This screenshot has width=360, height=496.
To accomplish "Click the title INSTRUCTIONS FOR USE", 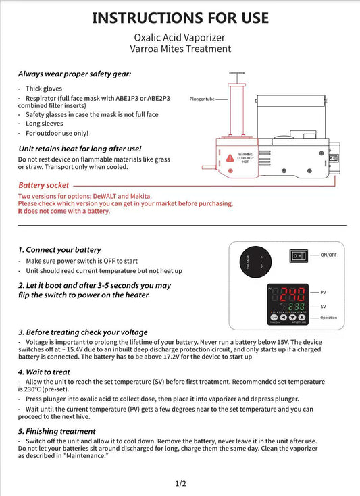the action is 180,18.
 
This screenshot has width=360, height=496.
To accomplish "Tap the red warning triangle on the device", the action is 230,157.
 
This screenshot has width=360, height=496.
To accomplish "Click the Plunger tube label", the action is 202,99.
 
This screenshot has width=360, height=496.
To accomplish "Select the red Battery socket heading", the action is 44,185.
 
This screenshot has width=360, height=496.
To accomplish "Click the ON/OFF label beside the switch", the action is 328,255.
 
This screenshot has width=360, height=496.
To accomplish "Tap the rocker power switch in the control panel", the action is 299,255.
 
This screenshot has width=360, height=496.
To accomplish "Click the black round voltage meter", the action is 255,262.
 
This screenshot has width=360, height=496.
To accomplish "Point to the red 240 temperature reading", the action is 292,294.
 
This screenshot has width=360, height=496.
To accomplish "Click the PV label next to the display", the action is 323,293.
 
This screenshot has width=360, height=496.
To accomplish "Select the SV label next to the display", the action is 323,307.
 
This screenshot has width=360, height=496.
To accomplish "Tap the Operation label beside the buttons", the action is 328,318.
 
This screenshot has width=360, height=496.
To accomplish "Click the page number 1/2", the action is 180,483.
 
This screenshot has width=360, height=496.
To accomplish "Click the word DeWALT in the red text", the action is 104,196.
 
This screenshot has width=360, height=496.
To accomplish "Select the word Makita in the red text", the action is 140,196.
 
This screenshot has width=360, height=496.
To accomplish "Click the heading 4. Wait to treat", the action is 44,372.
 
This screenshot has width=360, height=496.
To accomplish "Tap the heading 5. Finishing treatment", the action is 57,432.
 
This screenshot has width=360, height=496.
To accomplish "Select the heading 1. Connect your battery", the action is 59,250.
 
